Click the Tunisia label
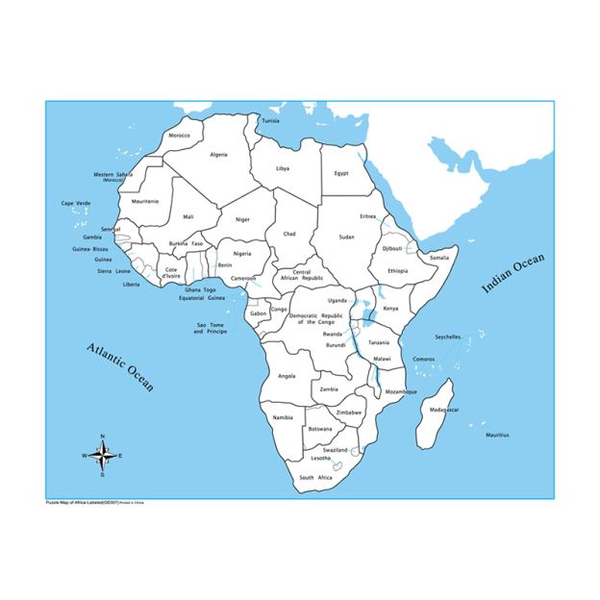click(x=271, y=121)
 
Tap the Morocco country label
click(x=180, y=136)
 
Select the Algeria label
click(x=219, y=154)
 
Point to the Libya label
click(x=283, y=168)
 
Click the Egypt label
click(x=341, y=173)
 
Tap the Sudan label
click(x=347, y=236)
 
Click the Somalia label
click(x=439, y=257)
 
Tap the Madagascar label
click(x=444, y=410)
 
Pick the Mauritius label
click(x=498, y=436)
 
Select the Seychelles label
click(x=447, y=337)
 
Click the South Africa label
click(x=315, y=478)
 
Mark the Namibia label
click(x=283, y=418)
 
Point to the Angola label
click(x=287, y=376)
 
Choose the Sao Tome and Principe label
click(x=212, y=328)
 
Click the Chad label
click(x=289, y=234)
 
